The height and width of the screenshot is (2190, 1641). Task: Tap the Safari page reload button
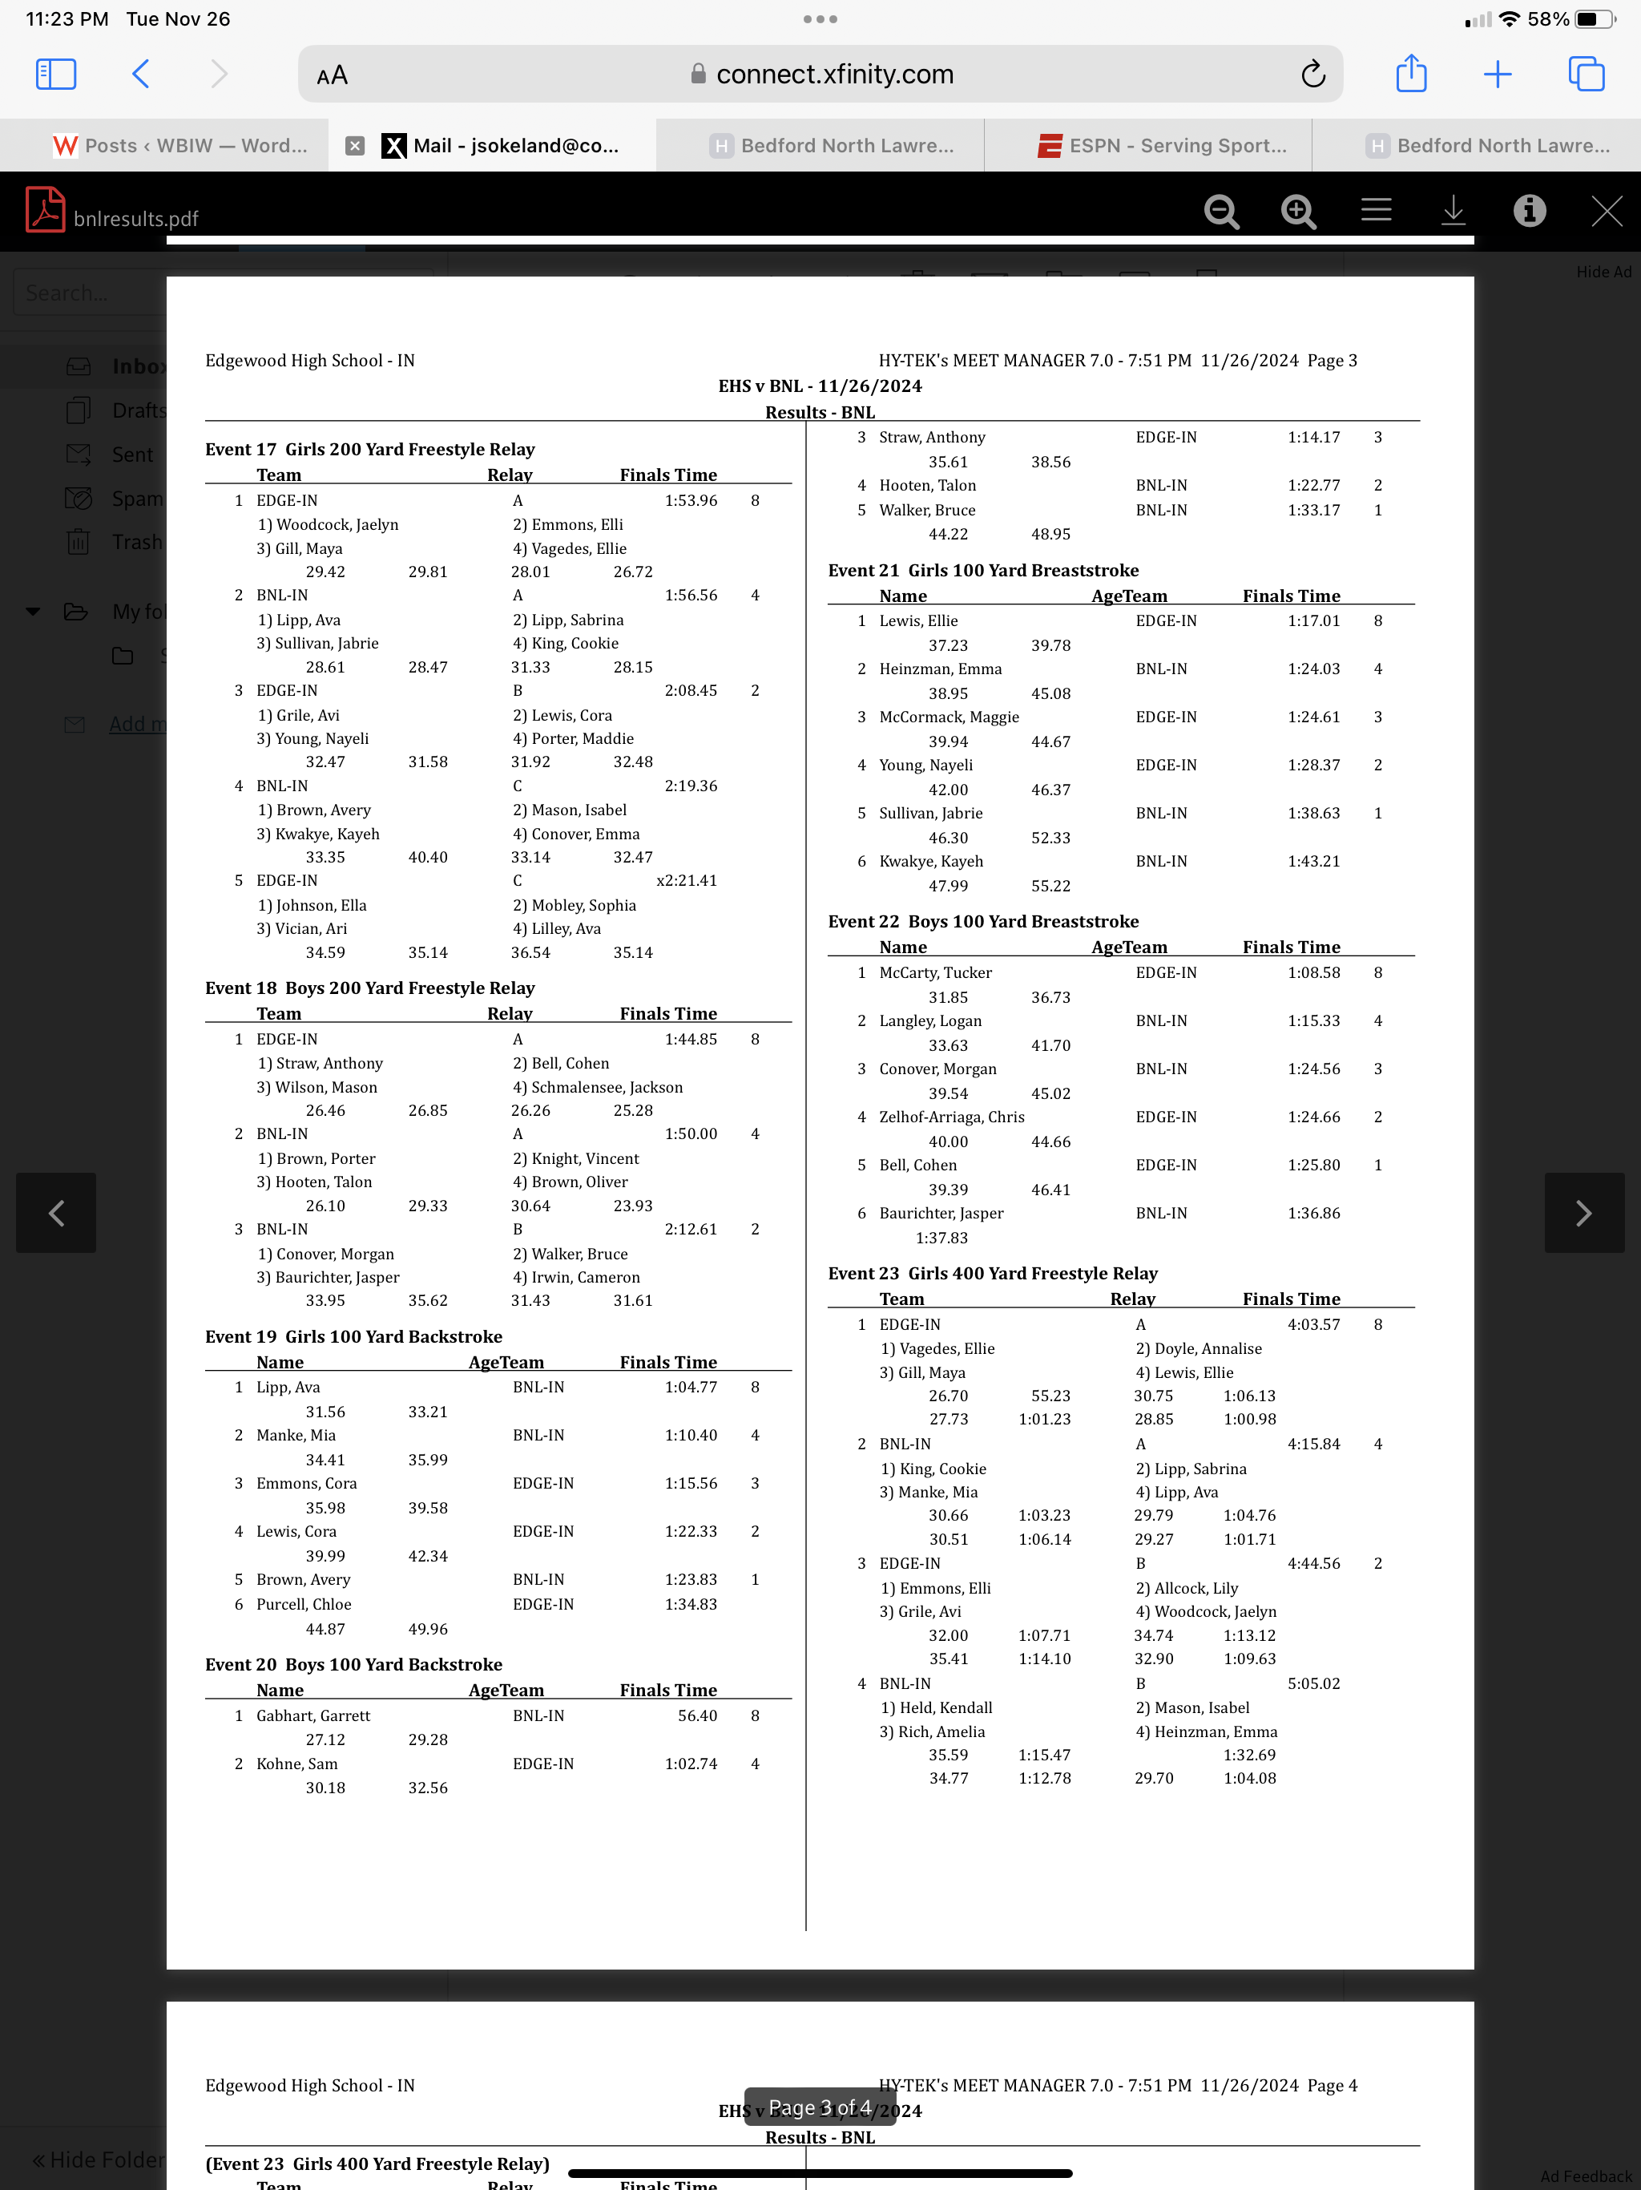pyautogui.click(x=1312, y=75)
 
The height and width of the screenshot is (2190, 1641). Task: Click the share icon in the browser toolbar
pyautogui.click(x=1410, y=75)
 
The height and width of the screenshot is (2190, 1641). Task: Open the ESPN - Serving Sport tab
pyautogui.click(x=1163, y=146)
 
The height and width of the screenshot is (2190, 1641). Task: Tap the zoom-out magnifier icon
pyautogui.click(x=1221, y=211)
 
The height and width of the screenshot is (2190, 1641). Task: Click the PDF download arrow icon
pyautogui.click(x=1452, y=211)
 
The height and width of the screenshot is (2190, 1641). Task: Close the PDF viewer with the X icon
pyautogui.click(x=1606, y=211)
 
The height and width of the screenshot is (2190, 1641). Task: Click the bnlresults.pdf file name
pyautogui.click(x=135, y=219)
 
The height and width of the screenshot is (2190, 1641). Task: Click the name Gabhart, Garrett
pyautogui.click(x=312, y=1715)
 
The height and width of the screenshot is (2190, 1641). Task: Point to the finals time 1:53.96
pyautogui.click(x=690, y=500)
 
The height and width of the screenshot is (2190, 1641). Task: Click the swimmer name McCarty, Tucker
pyautogui.click(x=934, y=972)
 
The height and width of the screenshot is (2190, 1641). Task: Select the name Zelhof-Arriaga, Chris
pyautogui.click(x=951, y=1117)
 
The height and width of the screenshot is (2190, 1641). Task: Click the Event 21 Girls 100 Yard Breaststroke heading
pyautogui.click(x=983, y=570)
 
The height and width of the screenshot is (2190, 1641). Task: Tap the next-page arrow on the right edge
pyautogui.click(x=1583, y=1213)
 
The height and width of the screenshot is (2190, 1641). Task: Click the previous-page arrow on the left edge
pyautogui.click(x=56, y=1213)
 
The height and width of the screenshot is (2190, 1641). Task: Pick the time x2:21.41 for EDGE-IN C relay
pyautogui.click(x=686, y=880)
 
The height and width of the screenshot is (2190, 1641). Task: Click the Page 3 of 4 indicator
pyautogui.click(x=820, y=2107)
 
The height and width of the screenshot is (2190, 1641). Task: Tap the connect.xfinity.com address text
pyautogui.click(x=833, y=75)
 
